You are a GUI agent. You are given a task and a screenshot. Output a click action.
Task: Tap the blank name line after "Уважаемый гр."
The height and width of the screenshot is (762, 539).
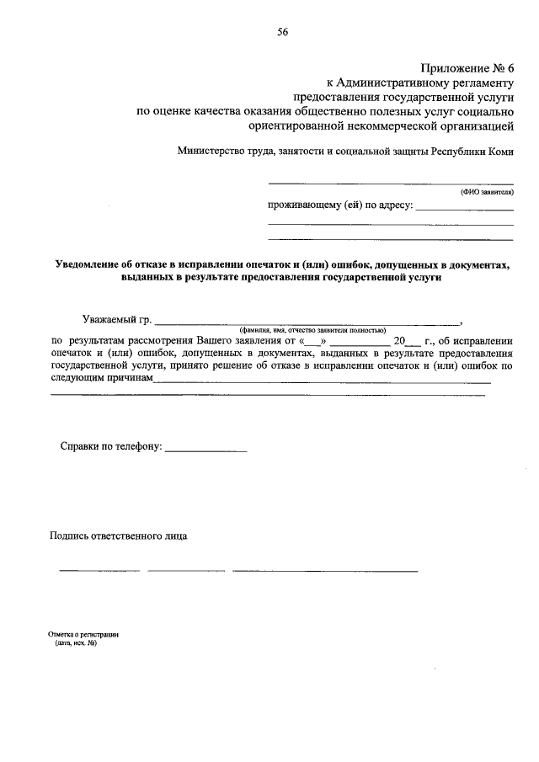click(x=308, y=322)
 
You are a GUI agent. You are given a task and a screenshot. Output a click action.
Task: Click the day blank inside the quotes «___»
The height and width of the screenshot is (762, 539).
click(x=312, y=342)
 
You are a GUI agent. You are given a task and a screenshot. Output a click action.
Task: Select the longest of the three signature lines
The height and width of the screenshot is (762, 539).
click(x=325, y=571)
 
